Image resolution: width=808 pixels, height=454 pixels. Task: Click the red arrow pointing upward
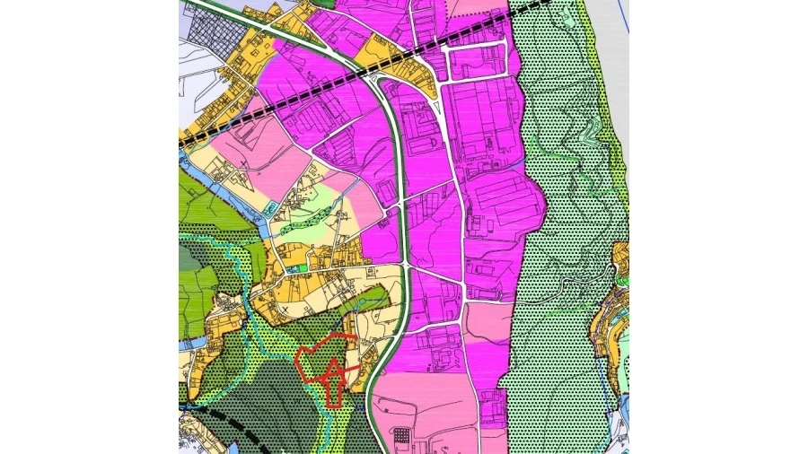(334, 381)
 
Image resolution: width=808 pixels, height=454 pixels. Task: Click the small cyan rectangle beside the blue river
(269, 208)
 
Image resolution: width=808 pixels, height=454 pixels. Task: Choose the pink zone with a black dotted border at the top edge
(476, 8)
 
